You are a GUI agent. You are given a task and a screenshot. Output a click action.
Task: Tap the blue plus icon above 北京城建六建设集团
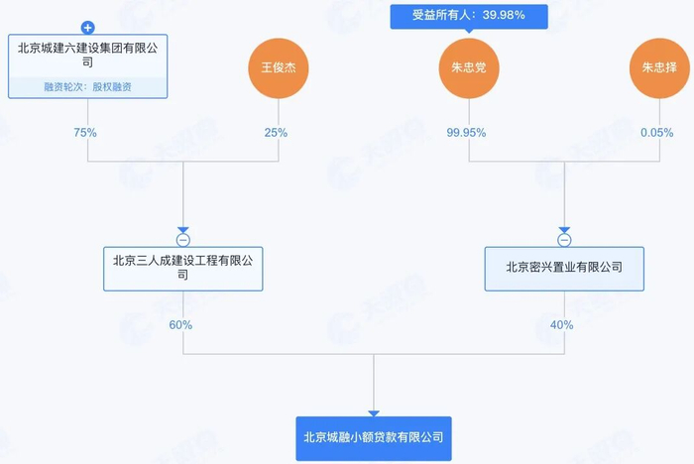tap(88, 28)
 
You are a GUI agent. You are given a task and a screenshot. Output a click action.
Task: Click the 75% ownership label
tap(87, 132)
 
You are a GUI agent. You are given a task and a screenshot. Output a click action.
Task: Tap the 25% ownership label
tap(277, 132)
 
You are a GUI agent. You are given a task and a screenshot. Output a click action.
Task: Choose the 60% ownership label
tap(180, 324)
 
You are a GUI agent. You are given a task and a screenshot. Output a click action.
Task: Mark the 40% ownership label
tap(561, 324)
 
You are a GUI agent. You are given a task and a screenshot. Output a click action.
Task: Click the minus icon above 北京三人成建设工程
tap(183, 240)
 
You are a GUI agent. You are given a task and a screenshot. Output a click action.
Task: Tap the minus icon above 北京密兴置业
tap(564, 240)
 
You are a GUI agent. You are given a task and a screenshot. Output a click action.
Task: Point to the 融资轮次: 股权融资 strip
tap(88, 87)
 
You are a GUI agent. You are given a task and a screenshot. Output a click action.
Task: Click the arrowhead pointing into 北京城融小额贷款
tap(374, 413)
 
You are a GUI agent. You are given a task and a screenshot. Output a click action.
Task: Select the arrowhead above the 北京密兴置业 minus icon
tap(564, 229)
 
